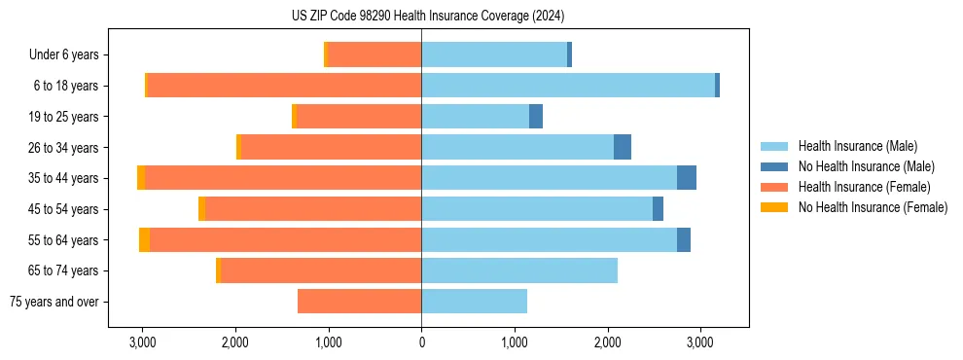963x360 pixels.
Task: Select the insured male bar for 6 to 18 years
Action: [x=568, y=86]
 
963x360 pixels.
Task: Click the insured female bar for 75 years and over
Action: [x=359, y=302]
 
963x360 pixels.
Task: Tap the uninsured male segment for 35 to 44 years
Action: [x=687, y=178]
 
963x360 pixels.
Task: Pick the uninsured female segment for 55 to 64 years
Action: [x=144, y=239]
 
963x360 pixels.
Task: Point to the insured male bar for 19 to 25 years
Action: [x=475, y=117]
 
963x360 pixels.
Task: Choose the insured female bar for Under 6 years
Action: [x=374, y=54]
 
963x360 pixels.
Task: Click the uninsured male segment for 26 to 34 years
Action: [x=623, y=147]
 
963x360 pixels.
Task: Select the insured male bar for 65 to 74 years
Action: [x=519, y=270]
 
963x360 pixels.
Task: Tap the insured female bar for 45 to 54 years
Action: [x=313, y=209]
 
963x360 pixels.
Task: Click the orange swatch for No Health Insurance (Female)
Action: [x=774, y=207]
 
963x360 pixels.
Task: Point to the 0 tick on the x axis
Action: [x=421, y=342]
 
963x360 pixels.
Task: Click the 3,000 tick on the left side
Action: [x=143, y=342]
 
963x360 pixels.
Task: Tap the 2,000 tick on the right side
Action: [x=607, y=342]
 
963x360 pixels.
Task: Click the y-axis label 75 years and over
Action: [x=53, y=302]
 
